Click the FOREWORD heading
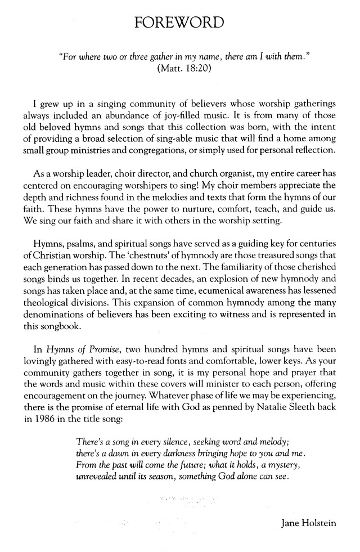pyautogui.click(x=180, y=22)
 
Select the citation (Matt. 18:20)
pyautogui.click(x=179, y=70)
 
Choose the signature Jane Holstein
pyautogui.click(x=308, y=524)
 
